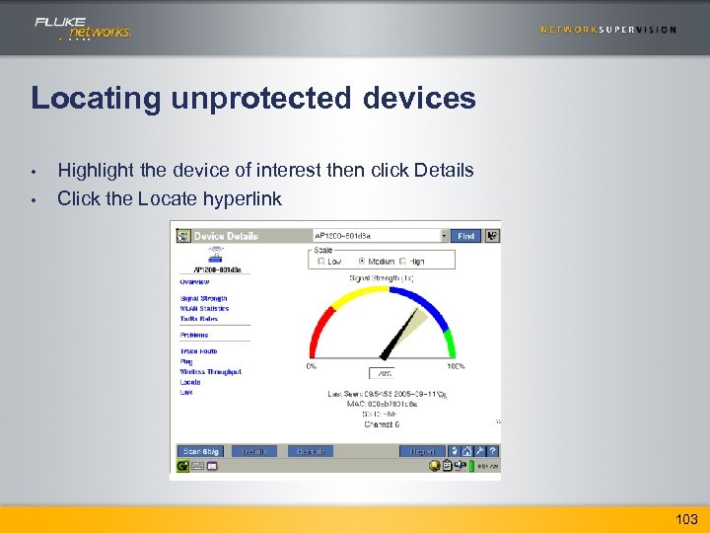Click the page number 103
(686, 519)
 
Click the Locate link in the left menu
(189, 382)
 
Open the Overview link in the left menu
(194, 281)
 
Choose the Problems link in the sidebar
(193, 335)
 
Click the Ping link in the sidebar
(185, 361)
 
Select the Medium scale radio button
(361, 262)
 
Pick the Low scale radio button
(319, 262)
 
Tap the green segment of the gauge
(450, 342)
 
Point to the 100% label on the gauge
(455, 366)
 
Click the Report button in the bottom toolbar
(422, 451)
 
